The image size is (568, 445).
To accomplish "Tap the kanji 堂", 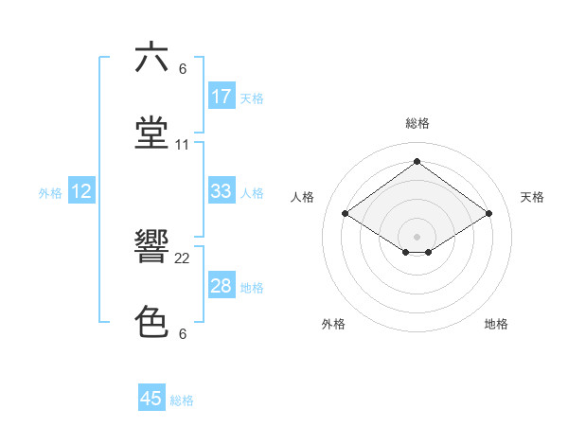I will [x=152, y=132].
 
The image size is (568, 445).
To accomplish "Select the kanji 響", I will [x=152, y=247].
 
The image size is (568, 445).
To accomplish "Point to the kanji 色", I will [x=152, y=322].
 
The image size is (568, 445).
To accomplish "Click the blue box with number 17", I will [x=222, y=97].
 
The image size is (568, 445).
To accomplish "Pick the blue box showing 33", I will [x=222, y=191].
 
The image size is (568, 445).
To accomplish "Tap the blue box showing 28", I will [x=222, y=286].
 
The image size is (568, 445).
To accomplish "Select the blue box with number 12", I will [x=81, y=191].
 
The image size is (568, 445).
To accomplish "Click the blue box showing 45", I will [x=151, y=399].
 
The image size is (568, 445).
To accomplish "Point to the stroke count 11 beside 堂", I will [x=183, y=145].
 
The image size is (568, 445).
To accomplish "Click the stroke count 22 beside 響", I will [x=183, y=258].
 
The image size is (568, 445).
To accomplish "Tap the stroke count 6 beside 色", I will [x=183, y=334].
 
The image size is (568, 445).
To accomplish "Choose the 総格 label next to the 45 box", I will [x=182, y=400].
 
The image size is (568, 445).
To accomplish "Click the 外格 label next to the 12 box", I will [x=50, y=193].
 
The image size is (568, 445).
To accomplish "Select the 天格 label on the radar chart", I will [x=532, y=197].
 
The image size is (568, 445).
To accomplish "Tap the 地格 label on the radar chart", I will [x=496, y=324].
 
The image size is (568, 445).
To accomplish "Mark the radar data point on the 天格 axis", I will [x=489, y=214].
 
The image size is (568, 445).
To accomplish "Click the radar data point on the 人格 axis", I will [x=345, y=214].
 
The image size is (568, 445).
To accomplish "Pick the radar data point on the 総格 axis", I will [x=417, y=162].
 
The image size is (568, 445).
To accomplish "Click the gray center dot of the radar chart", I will [x=417, y=236].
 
